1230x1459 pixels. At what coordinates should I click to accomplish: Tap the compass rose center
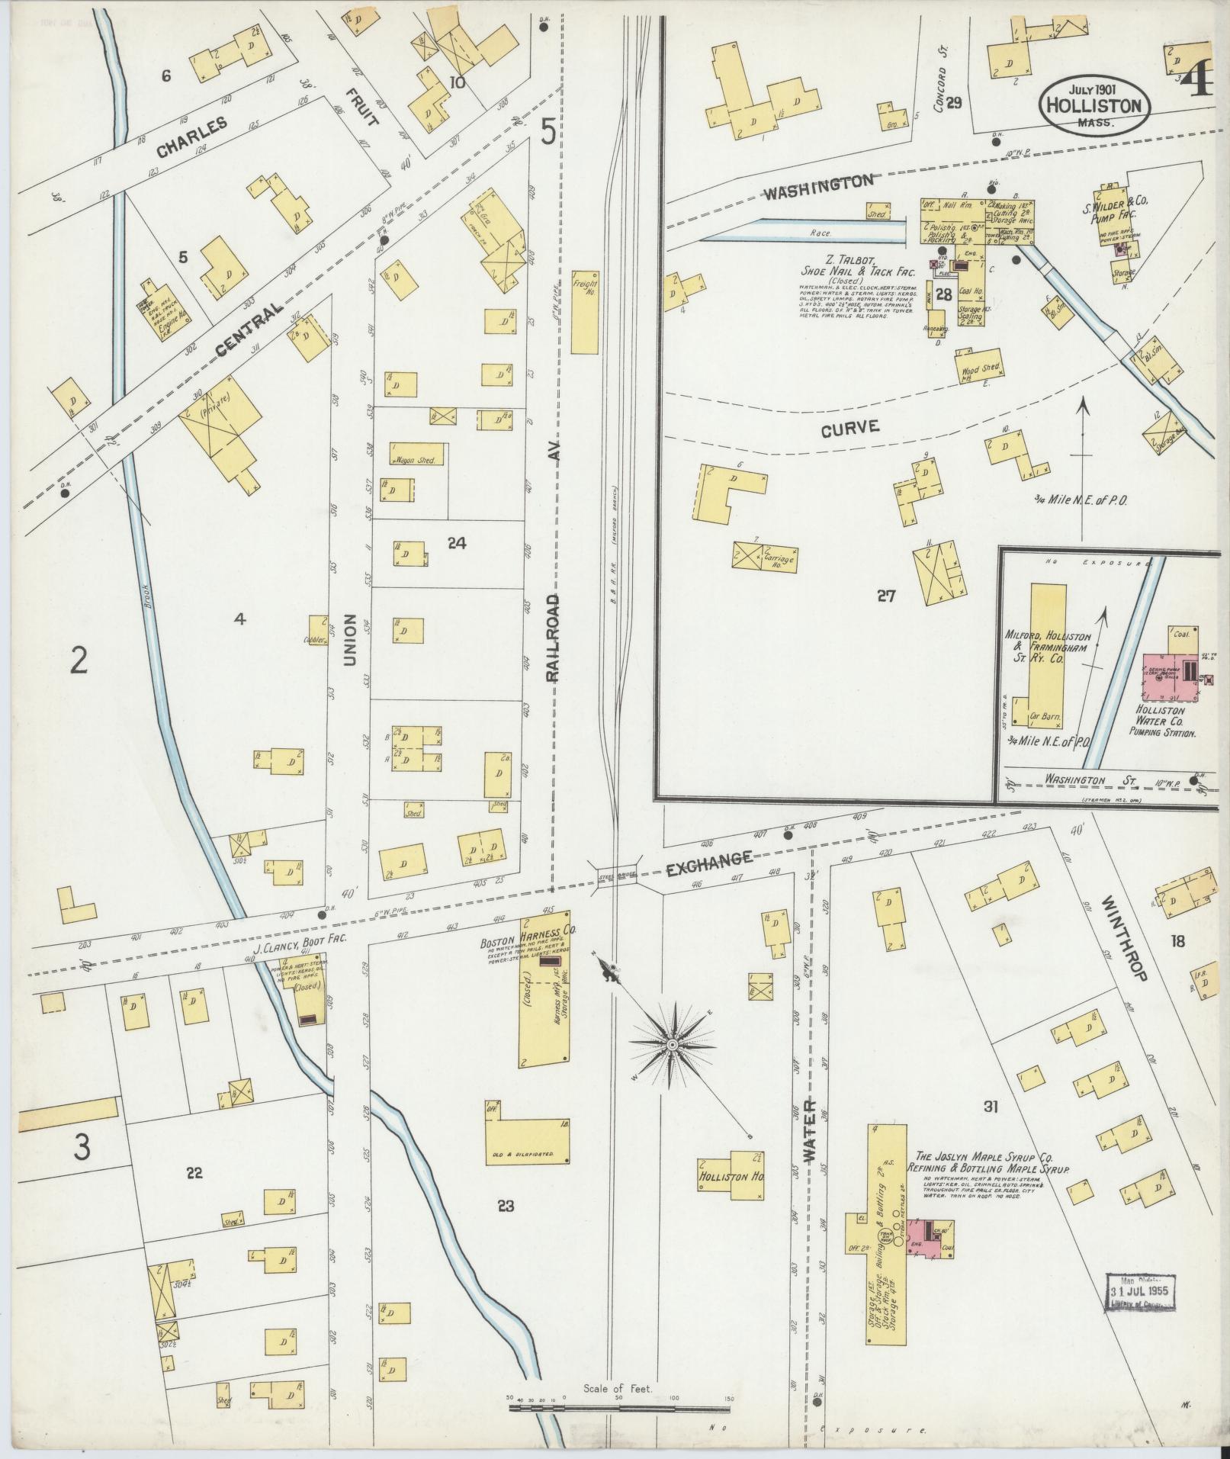click(x=672, y=1043)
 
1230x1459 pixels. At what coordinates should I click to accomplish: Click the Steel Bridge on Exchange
click(x=616, y=876)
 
